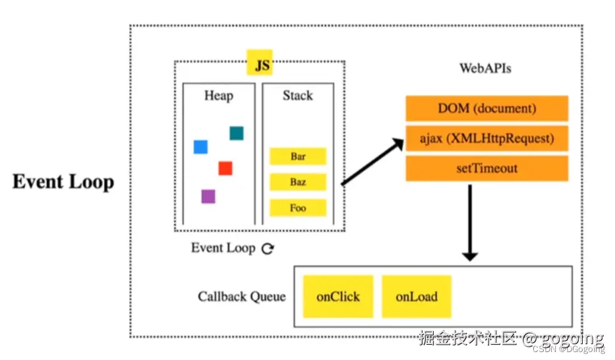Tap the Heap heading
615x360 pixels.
click(x=218, y=96)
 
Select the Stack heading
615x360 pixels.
click(x=297, y=96)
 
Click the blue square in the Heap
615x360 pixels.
click(x=200, y=146)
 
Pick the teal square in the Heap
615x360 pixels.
click(x=237, y=133)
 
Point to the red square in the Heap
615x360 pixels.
click(x=225, y=168)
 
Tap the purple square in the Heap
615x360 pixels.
click(x=208, y=196)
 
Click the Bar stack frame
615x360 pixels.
click(x=298, y=157)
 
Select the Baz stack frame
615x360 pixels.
click(x=298, y=182)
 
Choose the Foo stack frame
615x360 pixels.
click(x=298, y=208)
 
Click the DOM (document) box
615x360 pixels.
click(x=486, y=108)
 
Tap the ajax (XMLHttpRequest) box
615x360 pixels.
click(x=486, y=138)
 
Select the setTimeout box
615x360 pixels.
click(x=486, y=168)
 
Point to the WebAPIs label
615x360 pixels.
click(x=485, y=68)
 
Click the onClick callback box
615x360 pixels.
click(x=338, y=297)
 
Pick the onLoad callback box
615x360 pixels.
click(x=417, y=297)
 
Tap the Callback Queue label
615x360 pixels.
click(x=241, y=296)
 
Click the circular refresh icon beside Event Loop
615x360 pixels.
click(x=268, y=249)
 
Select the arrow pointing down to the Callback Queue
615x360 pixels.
click(x=469, y=224)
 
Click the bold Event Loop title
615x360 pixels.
click(x=63, y=182)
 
